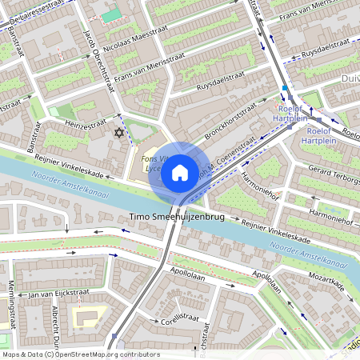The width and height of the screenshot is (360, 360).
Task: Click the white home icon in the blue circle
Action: pyautogui.click(x=180, y=173)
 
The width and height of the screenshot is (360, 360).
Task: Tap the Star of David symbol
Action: pyautogui.click(x=121, y=132)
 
